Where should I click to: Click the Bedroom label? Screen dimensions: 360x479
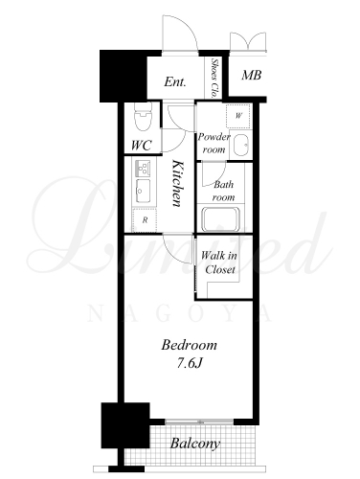(x=189, y=345)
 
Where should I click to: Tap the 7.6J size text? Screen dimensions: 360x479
(x=190, y=363)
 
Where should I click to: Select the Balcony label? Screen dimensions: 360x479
(x=195, y=444)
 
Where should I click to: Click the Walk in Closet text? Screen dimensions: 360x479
(x=219, y=262)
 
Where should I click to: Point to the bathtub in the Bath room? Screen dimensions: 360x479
(x=220, y=219)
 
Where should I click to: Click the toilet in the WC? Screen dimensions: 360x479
(x=143, y=116)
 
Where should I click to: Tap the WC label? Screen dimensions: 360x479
(x=142, y=146)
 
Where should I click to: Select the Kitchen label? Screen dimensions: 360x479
(x=178, y=183)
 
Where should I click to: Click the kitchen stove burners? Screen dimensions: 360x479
(x=143, y=168)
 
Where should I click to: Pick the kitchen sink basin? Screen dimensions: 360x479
(x=143, y=191)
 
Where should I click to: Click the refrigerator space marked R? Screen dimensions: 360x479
(x=145, y=219)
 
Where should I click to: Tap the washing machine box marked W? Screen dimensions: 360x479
(x=238, y=116)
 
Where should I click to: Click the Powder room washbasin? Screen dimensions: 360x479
(x=240, y=145)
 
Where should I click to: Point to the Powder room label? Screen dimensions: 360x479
(x=214, y=143)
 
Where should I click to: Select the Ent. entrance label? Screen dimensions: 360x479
(x=175, y=82)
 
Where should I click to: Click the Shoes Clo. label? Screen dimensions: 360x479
(x=214, y=78)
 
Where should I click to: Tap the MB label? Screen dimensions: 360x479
(x=252, y=75)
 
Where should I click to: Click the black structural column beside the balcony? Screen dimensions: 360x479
(x=125, y=425)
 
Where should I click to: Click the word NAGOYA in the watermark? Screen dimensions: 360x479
(x=180, y=313)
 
